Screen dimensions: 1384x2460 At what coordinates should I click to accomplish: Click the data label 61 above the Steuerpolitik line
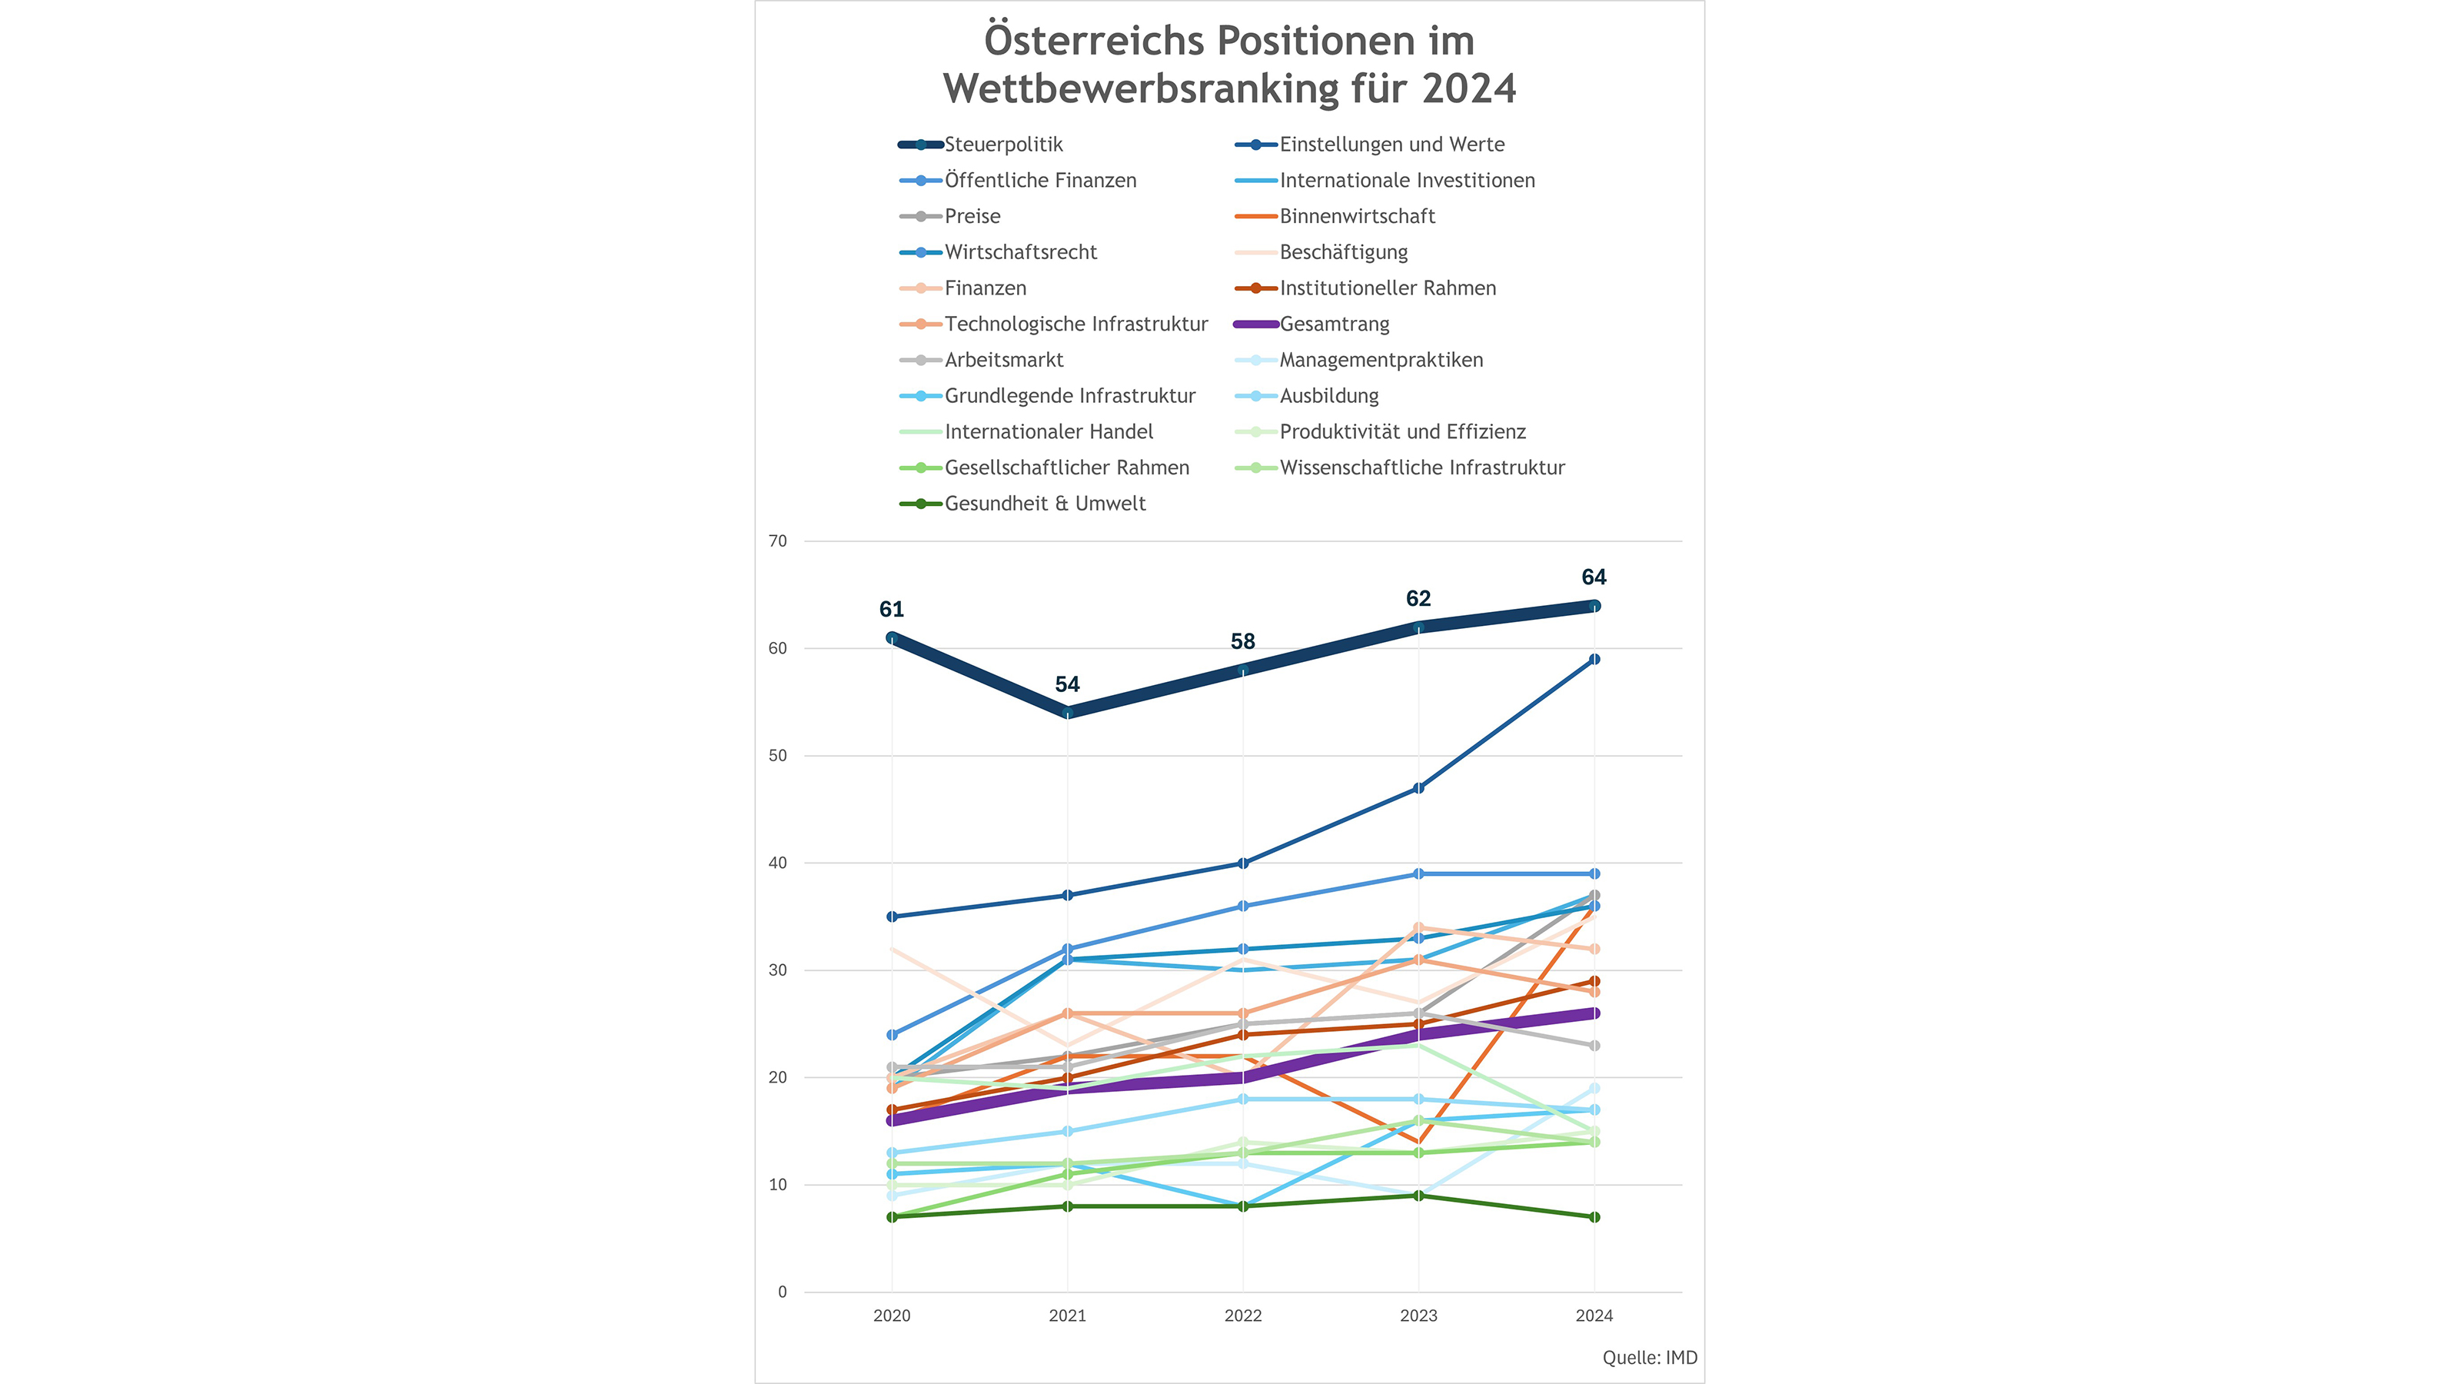coord(891,610)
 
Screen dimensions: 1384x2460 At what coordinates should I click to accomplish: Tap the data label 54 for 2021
coord(1067,685)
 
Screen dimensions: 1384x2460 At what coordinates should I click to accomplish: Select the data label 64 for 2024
coord(1594,577)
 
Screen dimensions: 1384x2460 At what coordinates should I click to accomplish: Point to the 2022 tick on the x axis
coord(1242,1316)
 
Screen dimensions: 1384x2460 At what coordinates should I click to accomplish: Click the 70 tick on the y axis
coord(777,541)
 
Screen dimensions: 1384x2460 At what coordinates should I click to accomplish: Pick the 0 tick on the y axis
coord(782,1293)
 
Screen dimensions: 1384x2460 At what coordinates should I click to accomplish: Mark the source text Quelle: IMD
coord(1649,1358)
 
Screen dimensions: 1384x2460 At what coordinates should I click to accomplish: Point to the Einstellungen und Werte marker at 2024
coord(1594,660)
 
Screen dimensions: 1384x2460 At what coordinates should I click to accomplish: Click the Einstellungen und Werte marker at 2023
coord(1418,789)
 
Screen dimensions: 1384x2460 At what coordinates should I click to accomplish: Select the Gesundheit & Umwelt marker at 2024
coord(1594,1218)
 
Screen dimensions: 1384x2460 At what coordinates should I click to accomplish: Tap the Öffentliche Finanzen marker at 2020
coord(892,1036)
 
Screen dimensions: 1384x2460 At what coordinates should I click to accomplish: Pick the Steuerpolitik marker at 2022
coord(1242,670)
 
